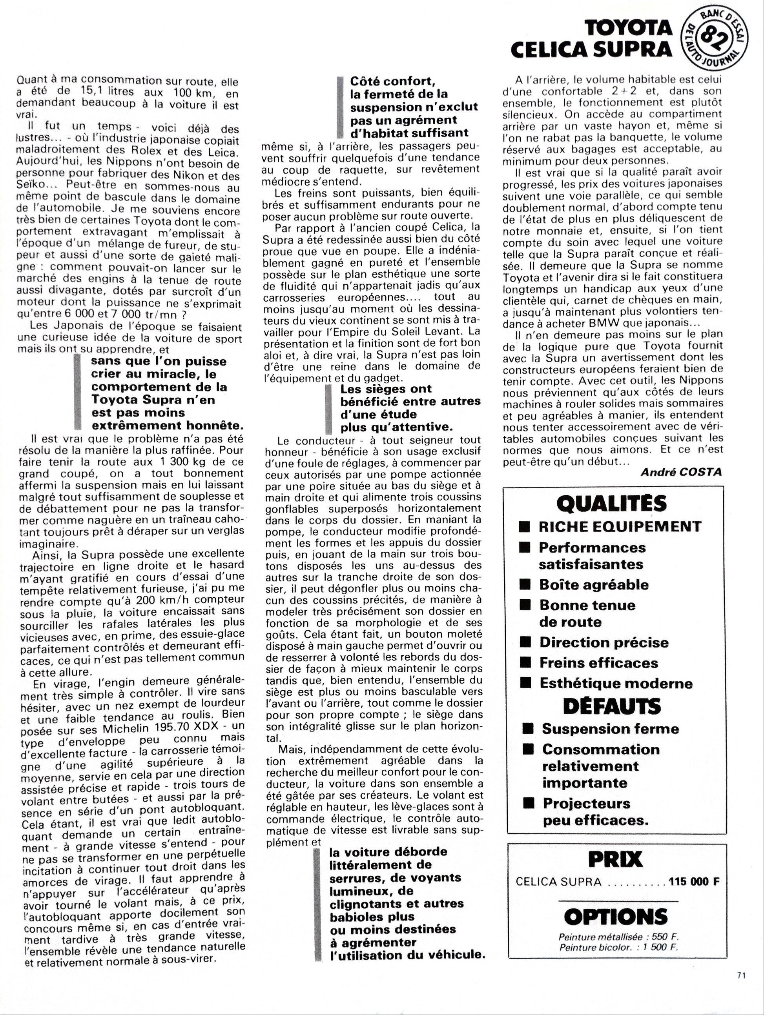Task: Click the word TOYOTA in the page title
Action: click(x=629, y=29)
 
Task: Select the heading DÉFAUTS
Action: click(x=612, y=706)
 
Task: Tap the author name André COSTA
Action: click(x=681, y=472)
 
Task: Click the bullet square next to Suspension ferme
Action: click(x=529, y=729)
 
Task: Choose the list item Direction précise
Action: click(x=604, y=642)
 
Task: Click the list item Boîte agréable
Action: click(x=594, y=585)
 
